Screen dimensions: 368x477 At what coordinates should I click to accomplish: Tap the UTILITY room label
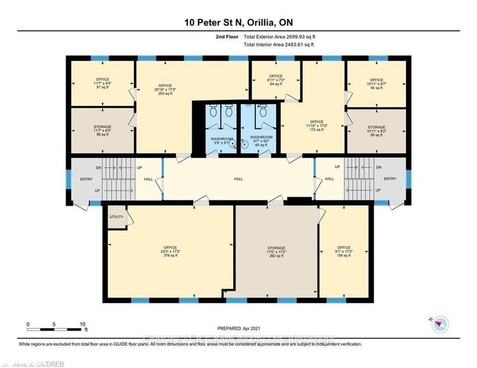point(116,217)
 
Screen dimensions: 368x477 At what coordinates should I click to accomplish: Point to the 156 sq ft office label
point(343,252)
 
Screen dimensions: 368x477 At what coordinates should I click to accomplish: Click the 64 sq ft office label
point(275,81)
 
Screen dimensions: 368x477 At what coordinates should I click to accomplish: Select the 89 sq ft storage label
point(376,131)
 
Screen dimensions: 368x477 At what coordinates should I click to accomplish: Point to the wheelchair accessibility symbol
point(243,143)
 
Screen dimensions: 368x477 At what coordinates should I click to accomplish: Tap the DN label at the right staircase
point(378,168)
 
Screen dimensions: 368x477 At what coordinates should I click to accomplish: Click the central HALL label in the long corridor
point(239,178)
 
